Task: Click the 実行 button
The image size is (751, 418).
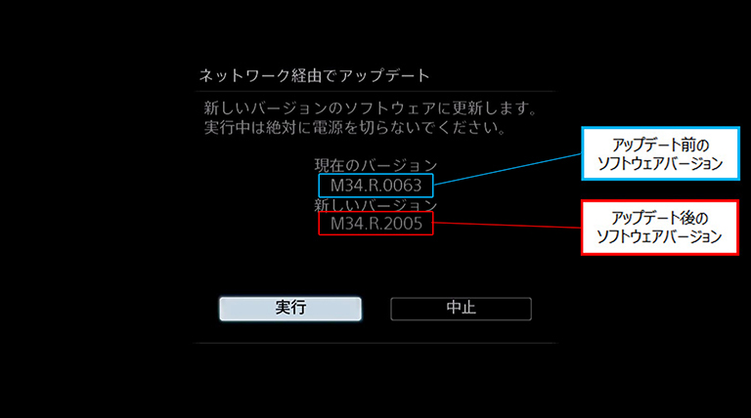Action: coord(290,309)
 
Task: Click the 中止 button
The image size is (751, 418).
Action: coord(461,309)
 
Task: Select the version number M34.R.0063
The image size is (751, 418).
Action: coord(375,184)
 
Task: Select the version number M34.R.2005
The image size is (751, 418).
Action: coord(375,225)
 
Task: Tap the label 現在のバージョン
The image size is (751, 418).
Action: coord(375,166)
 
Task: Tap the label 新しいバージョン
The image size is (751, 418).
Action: coord(375,206)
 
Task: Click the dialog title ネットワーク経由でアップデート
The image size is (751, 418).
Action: coord(315,75)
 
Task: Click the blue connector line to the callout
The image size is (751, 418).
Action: coord(508,168)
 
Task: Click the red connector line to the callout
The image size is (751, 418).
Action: coord(508,225)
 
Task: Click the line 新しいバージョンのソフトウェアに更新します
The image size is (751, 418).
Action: coord(371,105)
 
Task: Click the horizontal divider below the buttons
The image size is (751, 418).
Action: coord(375,343)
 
